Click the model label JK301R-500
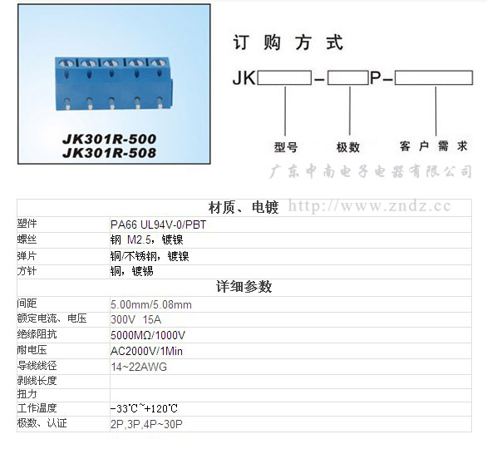[x=110, y=139]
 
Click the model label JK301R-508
[x=110, y=153]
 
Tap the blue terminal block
[x=114, y=84]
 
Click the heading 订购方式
[x=288, y=42]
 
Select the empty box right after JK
[x=284, y=77]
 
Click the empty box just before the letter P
[x=348, y=77]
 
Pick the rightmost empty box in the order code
[x=434, y=77]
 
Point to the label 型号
[x=286, y=147]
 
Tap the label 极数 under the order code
[x=348, y=147]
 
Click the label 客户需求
[x=434, y=146]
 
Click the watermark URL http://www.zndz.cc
[x=370, y=206]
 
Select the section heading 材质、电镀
[x=243, y=208]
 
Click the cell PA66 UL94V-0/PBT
[x=158, y=224]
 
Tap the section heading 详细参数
[x=244, y=287]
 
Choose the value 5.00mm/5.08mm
[x=151, y=304]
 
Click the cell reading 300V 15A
[x=135, y=319]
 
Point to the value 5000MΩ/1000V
[x=148, y=335]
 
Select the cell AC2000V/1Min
[x=146, y=351]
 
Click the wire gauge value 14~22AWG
[x=139, y=367]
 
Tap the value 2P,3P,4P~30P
[x=146, y=424]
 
